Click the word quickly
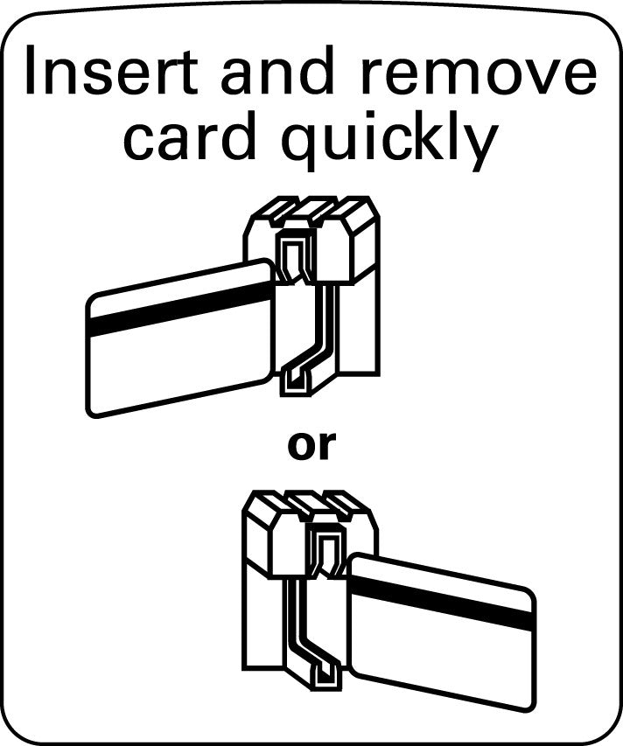(388, 140)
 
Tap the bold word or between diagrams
(311, 446)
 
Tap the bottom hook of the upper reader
(295, 381)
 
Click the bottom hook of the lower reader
(325, 675)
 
